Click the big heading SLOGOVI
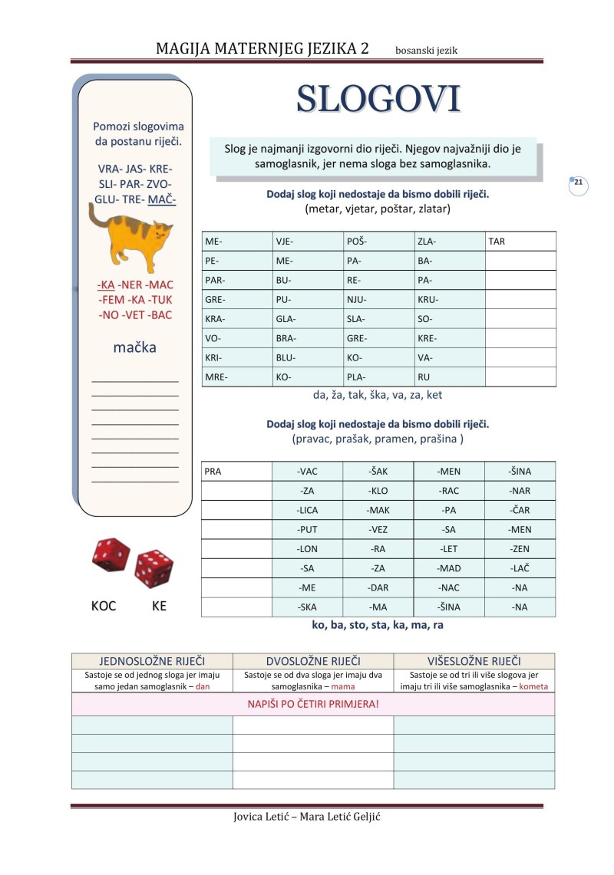(x=378, y=99)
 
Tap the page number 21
(x=579, y=184)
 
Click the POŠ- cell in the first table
(x=378, y=242)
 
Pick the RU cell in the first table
(x=449, y=377)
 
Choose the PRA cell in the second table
(x=236, y=472)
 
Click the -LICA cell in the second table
(x=307, y=510)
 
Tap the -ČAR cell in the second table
(x=520, y=510)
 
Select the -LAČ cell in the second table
(x=520, y=568)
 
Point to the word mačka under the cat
(x=134, y=347)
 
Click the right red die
(x=153, y=568)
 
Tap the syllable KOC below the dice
(x=104, y=606)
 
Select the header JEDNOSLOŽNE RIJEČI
(x=152, y=661)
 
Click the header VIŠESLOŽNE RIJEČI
(x=474, y=661)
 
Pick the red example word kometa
(x=533, y=686)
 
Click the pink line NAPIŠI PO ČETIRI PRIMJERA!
(x=312, y=704)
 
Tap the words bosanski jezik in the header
(x=427, y=51)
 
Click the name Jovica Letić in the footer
(x=265, y=816)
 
